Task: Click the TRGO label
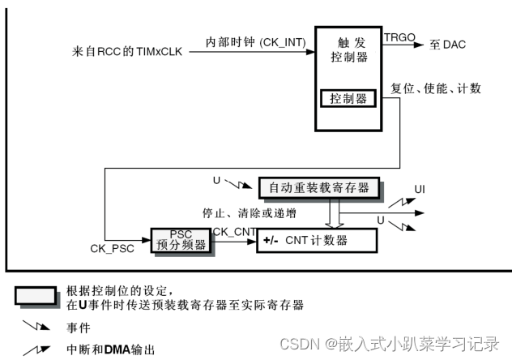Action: [x=399, y=37]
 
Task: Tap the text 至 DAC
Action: [x=447, y=45]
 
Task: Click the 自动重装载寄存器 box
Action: [x=318, y=187]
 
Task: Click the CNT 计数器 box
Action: [x=317, y=241]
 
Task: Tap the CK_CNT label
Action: [x=234, y=232]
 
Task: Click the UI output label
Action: [x=420, y=190]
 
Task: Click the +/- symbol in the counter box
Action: [x=271, y=242]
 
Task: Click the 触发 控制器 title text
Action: [x=349, y=49]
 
